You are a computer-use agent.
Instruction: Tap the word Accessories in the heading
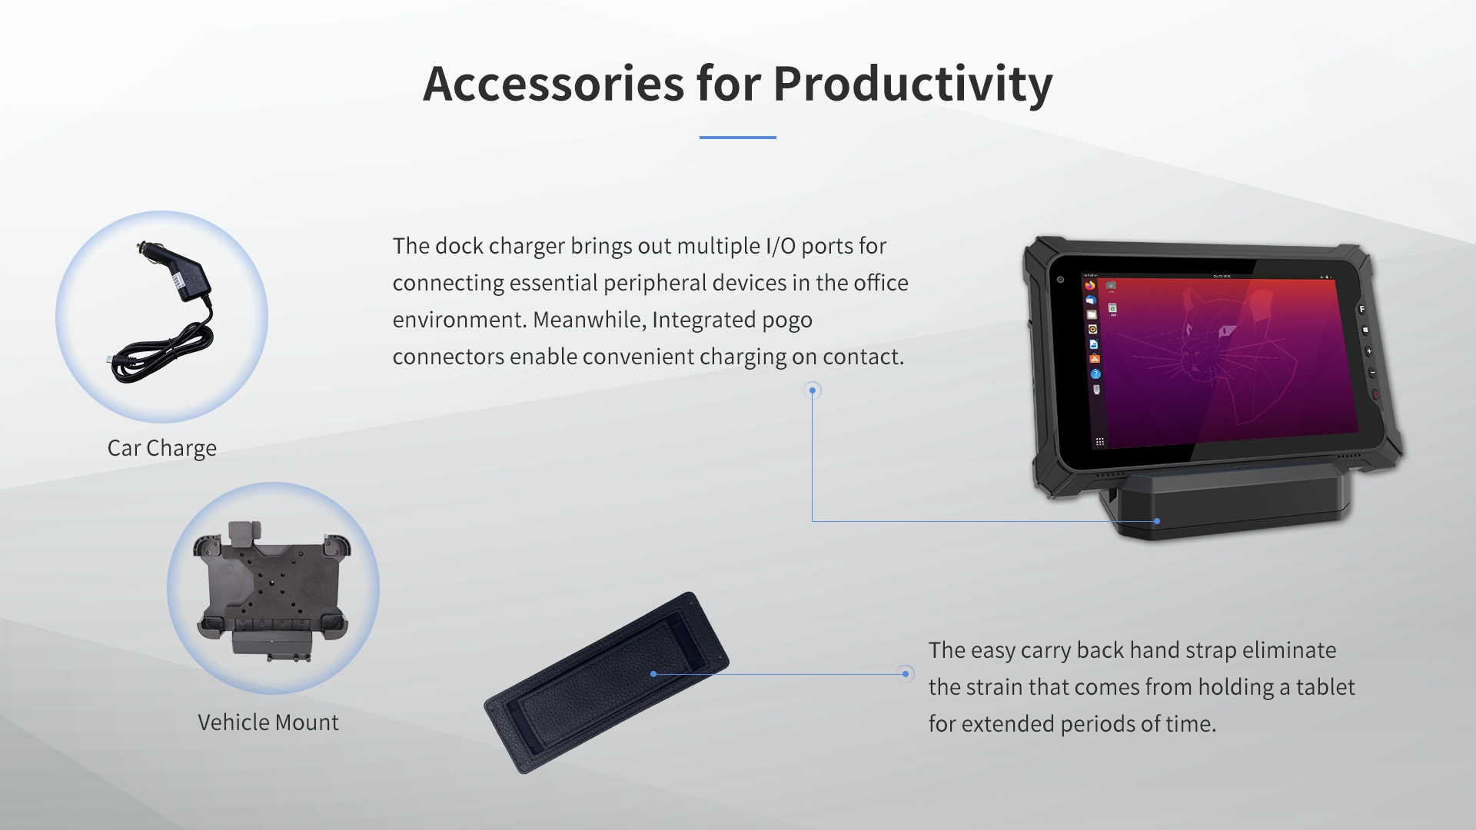coord(553,84)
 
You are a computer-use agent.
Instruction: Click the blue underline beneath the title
coord(737,138)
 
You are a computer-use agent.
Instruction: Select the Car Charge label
coord(161,448)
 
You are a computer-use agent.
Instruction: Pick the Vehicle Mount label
coord(268,722)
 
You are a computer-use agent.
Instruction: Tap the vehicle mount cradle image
coord(273,588)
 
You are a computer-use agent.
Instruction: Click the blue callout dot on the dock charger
coord(1157,521)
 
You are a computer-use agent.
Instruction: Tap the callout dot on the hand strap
coord(653,674)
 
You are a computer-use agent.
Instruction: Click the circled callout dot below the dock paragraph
coord(813,390)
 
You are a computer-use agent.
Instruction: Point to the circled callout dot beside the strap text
coord(906,674)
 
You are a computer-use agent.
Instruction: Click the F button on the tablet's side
coord(1361,309)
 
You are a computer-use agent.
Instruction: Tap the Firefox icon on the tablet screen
coord(1090,286)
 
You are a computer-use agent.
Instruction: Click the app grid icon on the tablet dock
coord(1100,442)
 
